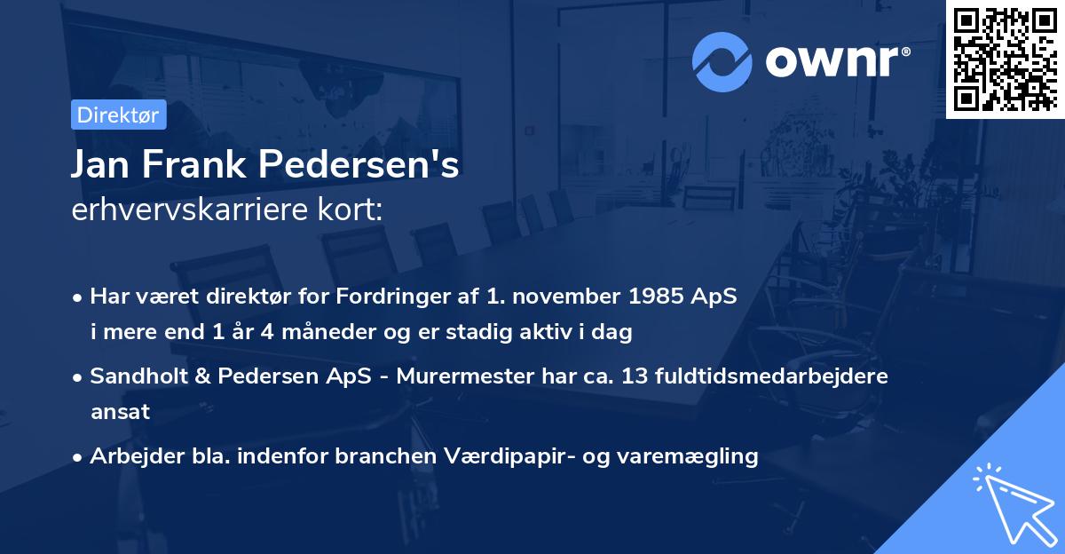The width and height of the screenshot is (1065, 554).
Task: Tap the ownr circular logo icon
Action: tap(723, 60)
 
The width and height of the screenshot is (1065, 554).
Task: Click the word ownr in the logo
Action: tap(834, 60)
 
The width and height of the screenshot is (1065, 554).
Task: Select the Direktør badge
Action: tap(117, 115)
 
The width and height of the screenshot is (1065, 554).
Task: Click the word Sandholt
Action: tap(135, 376)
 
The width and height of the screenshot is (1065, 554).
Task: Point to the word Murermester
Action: tap(458, 376)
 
